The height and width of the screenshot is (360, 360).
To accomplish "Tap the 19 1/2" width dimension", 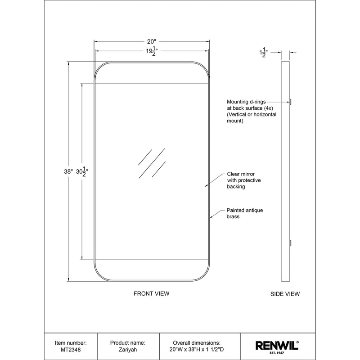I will [152, 52].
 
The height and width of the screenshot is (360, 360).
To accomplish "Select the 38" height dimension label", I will [68, 171].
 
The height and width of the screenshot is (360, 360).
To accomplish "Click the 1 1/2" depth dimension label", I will [263, 53].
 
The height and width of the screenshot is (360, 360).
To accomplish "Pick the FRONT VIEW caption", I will [151, 293].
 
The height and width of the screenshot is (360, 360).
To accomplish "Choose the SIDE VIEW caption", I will [285, 294].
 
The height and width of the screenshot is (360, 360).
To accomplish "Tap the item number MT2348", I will [71, 349].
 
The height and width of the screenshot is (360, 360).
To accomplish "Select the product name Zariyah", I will [128, 349].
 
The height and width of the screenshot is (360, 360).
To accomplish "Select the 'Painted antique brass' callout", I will [244, 213].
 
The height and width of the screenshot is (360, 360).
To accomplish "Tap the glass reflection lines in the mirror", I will [152, 163].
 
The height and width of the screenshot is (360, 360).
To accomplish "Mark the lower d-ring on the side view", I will [291, 243].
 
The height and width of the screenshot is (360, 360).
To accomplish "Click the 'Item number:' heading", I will [71, 342].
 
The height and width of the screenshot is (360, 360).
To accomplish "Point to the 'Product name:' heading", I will [128, 342].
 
